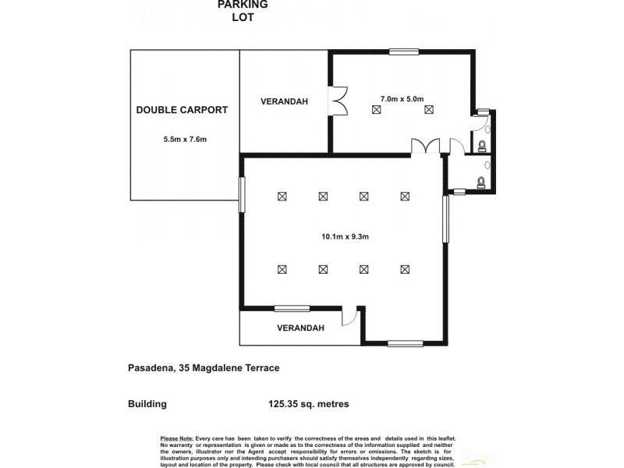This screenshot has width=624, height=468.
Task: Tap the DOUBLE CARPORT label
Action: click(182, 110)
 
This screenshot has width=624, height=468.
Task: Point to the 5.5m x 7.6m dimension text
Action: click(185, 140)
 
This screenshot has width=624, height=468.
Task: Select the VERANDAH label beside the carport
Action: click(284, 101)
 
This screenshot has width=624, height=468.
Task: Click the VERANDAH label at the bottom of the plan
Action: click(300, 328)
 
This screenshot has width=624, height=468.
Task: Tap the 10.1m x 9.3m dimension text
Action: click(345, 237)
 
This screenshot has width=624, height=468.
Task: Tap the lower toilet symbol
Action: click(481, 182)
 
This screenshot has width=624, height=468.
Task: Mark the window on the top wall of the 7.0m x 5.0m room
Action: click(404, 52)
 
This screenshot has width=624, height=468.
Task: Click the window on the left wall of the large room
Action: click(242, 193)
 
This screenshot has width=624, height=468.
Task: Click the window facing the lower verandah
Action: click(292, 307)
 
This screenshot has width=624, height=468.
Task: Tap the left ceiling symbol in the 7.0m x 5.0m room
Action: click(377, 110)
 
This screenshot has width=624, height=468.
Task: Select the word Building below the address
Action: click(147, 404)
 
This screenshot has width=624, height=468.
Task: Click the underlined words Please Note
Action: click(175, 440)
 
